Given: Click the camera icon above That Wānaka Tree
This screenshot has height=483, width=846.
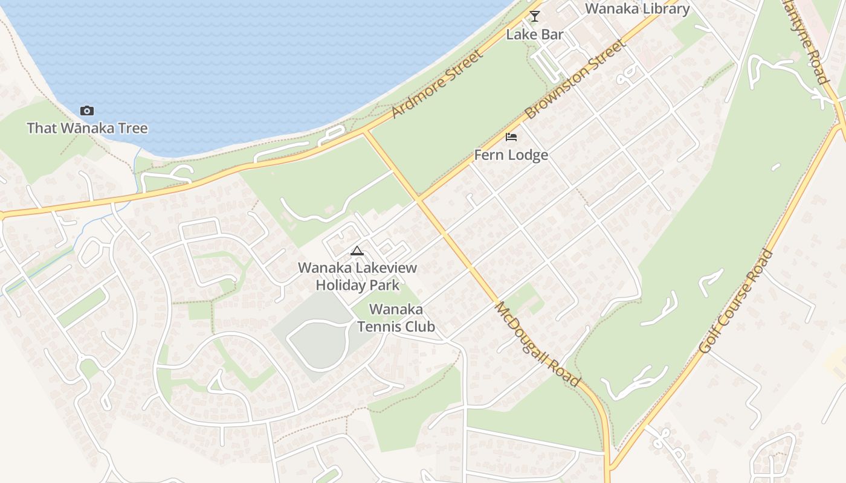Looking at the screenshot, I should click(x=87, y=110).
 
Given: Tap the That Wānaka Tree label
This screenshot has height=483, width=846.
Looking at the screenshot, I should click(x=87, y=128).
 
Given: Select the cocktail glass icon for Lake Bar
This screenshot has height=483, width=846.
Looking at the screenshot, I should click(x=534, y=16).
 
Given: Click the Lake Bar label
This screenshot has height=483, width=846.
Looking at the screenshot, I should click(x=534, y=34).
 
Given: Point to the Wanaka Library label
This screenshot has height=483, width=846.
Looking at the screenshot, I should click(x=637, y=9).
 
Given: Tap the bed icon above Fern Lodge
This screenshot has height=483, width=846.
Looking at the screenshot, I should click(x=511, y=137).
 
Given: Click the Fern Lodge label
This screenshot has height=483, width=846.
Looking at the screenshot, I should click(x=511, y=155).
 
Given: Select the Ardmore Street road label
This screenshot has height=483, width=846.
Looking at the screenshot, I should click(x=438, y=84).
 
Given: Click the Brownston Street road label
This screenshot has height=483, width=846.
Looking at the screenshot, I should click(x=574, y=79).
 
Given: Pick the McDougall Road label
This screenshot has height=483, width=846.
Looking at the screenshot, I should click(x=537, y=345).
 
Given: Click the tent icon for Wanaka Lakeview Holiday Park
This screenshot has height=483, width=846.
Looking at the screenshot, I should click(x=357, y=251).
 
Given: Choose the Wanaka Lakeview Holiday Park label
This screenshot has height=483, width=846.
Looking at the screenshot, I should click(x=357, y=276).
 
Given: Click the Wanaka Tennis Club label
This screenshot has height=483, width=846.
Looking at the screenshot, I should click(x=396, y=318).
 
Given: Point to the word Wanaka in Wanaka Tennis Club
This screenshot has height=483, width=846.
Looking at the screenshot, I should click(x=396, y=310).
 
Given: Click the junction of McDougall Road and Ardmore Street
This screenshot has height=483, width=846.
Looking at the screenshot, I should click(x=364, y=131).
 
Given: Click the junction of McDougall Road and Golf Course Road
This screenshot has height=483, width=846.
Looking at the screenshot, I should click(x=609, y=467).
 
